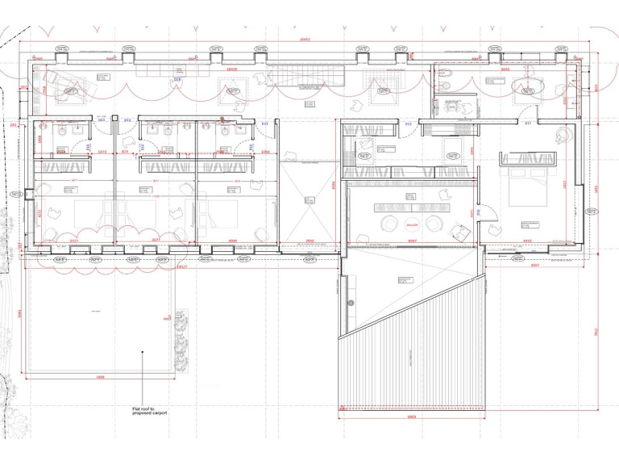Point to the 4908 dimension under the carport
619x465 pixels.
pos(100,377)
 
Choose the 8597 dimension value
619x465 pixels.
pos(535,265)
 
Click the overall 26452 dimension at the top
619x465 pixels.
pos(304,39)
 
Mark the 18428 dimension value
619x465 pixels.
pos(231,70)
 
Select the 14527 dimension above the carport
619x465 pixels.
pos(181,266)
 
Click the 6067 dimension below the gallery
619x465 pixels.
pos(412,241)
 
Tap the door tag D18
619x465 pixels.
pos(177,80)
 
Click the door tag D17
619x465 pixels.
pos(528,124)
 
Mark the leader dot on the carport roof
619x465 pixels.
pos(142,352)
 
